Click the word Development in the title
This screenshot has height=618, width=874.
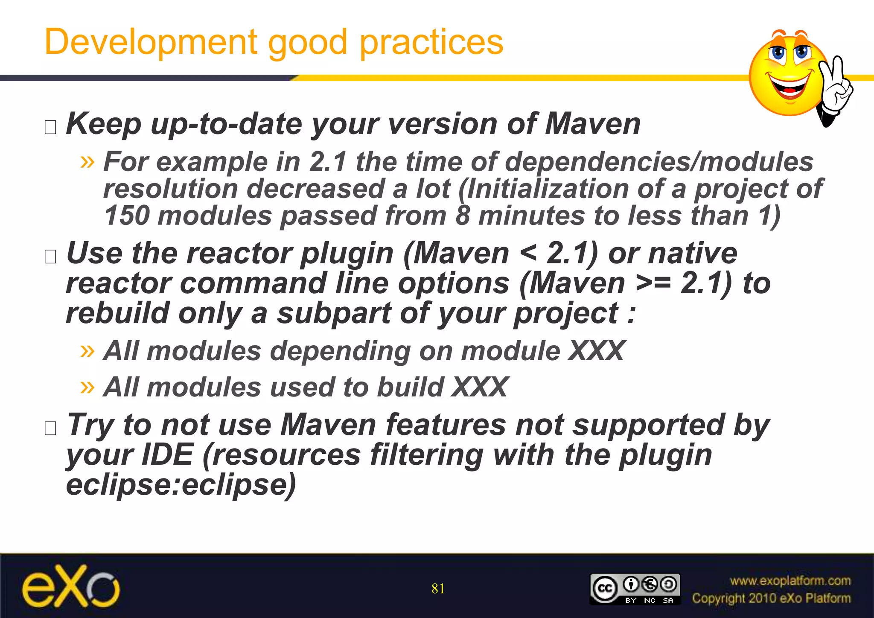pyautogui.click(x=151, y=42)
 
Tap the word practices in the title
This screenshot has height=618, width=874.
pyautogui.click(x=431, y=42)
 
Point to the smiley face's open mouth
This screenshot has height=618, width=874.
pyautogui.click(x=790, y=85)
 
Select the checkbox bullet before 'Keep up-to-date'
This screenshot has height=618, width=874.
pyautogui.click(x=50, y=127)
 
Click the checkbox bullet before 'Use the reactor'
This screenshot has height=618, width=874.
pyautogui.click(x=50, y=256)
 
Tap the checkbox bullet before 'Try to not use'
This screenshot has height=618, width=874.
pyautogui.click(x=50, y=428)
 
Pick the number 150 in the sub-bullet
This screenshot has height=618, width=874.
pyautogui.click(x=126, y=216)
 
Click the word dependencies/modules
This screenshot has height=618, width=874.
pyautogui.click(x=659, y=162)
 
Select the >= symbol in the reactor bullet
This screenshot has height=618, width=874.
pyautogui.click(x=653, y=283)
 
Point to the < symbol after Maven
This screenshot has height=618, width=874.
pyautogui.click(x=528, y=254)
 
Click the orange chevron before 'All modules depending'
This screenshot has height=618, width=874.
pyautogui.click(x=87, y=351)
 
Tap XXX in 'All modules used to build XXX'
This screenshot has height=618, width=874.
pyautogui.click(x=480, y=387)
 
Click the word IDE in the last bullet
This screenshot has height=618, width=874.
pyautogui.click(x=167, y=455)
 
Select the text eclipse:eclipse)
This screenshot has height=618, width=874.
pyautogui.click(x=181, y=485)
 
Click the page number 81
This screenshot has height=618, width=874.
pyautogui.click(x=438, y=589)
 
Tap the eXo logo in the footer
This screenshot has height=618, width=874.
pyautogui.click(x=71, y=587)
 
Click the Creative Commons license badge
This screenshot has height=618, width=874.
pyautogui.click(x=635, y=589)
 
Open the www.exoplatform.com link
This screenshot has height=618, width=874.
pyautogui.click(x=790, y=580)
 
